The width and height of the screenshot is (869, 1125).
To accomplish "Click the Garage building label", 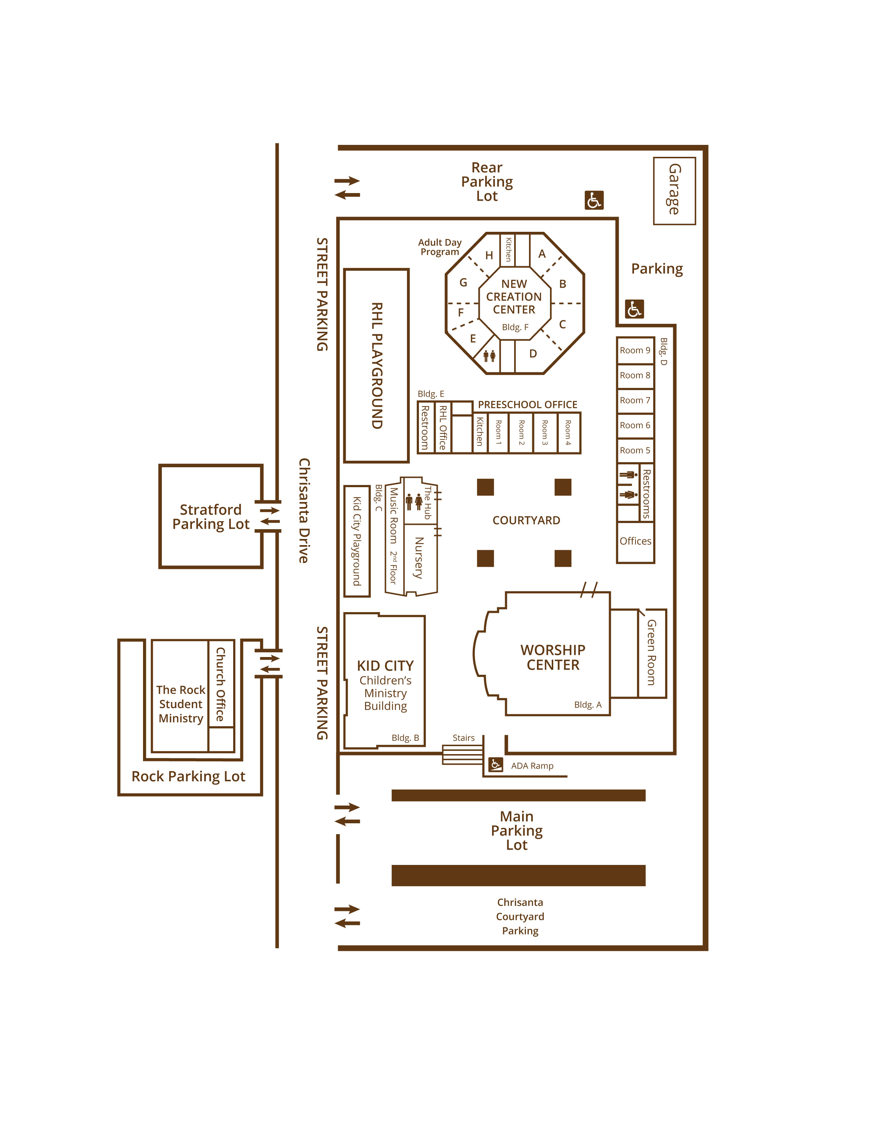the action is [674, 189].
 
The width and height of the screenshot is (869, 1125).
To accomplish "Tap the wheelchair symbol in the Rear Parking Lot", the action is [594, 200].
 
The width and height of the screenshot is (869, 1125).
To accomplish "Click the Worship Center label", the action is [553, 657].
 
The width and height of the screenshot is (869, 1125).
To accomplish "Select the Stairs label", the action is [463, 738].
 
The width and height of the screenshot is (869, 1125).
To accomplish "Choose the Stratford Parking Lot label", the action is [211, 517].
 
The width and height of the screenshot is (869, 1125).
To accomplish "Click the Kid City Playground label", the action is [356, 541].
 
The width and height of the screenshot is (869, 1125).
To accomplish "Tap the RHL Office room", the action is [443, 427].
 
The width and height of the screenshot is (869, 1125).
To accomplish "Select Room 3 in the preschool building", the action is [545, 433].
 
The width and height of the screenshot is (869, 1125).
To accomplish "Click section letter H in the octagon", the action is [489, 255].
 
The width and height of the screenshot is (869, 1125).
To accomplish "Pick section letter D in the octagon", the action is [533, 354].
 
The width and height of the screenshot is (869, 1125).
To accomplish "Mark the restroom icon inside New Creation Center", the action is [489, 355].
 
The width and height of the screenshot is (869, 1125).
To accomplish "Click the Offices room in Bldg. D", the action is [635, 542].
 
